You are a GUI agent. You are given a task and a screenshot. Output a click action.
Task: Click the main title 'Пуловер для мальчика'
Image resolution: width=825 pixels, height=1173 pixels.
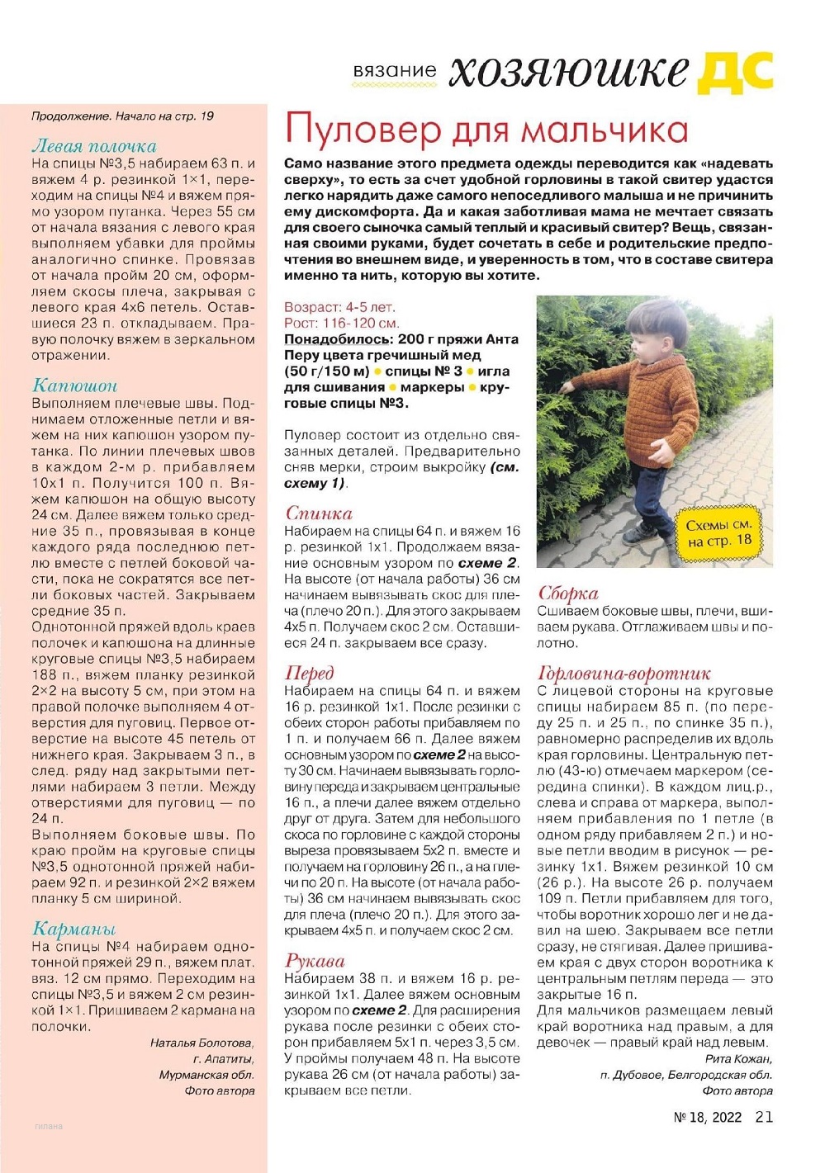coord(486,130)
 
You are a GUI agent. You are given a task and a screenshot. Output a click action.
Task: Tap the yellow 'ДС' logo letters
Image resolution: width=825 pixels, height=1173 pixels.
coord(735,73)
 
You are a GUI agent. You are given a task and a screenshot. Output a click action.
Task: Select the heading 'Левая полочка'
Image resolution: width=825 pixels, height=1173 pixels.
coord(93,146)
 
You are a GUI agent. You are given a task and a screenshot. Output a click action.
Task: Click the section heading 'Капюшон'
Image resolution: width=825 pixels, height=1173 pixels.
coord(74,385)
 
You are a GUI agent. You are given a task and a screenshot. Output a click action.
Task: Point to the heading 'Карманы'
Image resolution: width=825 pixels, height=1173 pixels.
coord(73,929)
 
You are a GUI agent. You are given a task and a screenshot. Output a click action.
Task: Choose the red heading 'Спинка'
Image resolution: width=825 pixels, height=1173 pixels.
coord(319,513)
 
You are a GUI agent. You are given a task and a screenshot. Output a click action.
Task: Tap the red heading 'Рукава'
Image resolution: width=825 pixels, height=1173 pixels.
coord(315,961)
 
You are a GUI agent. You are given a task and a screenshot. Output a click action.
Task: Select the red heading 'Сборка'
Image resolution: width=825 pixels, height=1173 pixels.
coord(567,593)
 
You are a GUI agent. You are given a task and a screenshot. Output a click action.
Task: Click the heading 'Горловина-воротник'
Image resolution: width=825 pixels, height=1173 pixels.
coord(623,673)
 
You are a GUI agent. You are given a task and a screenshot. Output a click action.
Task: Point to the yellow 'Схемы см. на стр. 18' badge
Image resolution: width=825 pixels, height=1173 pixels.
coord(719,533)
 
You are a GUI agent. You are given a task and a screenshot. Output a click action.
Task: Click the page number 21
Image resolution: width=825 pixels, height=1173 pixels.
coord(764,1117)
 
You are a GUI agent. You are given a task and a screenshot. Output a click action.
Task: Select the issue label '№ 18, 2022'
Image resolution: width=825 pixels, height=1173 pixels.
coord(708,1118)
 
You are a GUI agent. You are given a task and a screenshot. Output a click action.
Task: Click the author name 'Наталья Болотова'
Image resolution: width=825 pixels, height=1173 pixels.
coord(202,1043)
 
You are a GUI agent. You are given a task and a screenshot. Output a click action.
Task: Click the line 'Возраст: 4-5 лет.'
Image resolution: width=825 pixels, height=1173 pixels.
coord(339,307)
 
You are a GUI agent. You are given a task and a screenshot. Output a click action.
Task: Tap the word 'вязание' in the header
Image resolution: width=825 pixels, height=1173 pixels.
coord(394,71)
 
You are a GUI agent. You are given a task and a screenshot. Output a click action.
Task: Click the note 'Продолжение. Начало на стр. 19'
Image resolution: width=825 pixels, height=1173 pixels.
coord(122,116)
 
